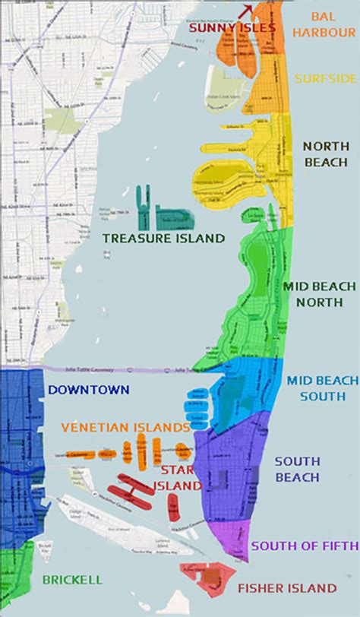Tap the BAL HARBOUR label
[x=332, y=25]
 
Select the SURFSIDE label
[x=324, y=78]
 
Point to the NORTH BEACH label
[x=326, y=154]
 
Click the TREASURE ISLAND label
[x=163, y=239]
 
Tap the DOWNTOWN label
[x=80, y=391]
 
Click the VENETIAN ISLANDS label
[x=125, y=427]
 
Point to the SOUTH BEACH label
[x=297, y=470]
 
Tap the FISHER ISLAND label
[x=286, y=588]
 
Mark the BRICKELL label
[x=72, y=580]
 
